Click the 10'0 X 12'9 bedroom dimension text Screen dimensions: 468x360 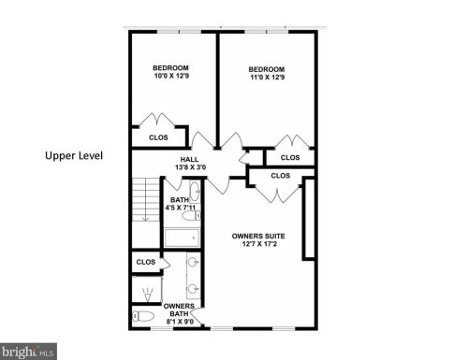click(171, 76)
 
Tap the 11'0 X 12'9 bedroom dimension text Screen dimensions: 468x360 click(268, 77)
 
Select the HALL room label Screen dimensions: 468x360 click(189, 160)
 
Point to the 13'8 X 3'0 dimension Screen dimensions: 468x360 click(190, 167)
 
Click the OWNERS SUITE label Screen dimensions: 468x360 click(258, 237)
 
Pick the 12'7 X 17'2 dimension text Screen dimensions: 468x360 click(259, 244)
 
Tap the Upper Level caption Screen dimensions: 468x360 click(74, 155)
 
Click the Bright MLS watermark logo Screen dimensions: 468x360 click(28, 352)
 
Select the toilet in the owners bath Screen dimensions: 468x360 click(143, 316)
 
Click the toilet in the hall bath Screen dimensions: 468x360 click(191, 215)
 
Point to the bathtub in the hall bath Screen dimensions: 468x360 click(182, 238)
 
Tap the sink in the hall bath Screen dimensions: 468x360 click(196, 191)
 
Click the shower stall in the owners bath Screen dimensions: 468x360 click(147, 289)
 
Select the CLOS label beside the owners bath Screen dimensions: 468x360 click(146, 262)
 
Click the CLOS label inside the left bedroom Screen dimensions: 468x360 click(158, 137)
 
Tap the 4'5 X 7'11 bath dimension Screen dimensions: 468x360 click(181, 208)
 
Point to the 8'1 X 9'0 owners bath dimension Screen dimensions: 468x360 click(180, 322)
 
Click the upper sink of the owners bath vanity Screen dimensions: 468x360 click(193, 262)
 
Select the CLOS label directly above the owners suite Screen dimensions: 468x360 click(281, 176)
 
